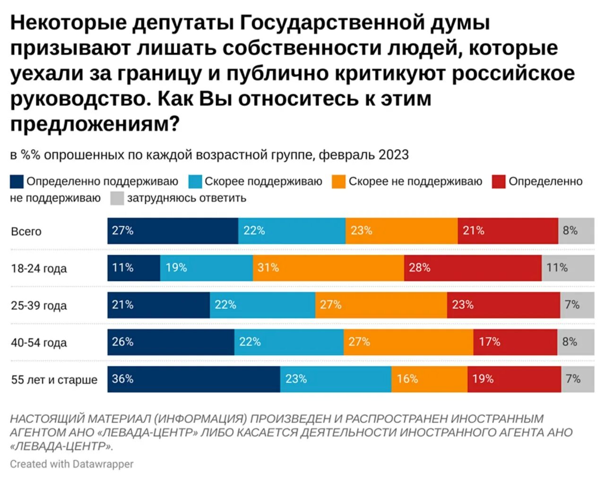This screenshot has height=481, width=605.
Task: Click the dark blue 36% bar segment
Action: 194,379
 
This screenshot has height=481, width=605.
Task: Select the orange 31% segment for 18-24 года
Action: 328,268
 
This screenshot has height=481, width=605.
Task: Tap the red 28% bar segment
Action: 473,268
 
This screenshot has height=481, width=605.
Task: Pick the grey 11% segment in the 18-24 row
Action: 568,268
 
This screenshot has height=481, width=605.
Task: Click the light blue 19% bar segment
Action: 207,268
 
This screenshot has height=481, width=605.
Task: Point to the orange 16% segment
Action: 429,379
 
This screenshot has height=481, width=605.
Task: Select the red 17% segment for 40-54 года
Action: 515,342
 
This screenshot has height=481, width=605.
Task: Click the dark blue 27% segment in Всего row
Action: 173,231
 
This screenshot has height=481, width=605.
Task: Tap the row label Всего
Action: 26,232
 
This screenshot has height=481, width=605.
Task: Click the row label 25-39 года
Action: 39,306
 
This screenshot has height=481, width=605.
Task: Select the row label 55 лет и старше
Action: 54,380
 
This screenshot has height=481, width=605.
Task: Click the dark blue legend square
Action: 17,181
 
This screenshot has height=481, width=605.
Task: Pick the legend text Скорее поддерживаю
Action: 263,181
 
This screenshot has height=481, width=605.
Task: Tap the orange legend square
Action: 338,181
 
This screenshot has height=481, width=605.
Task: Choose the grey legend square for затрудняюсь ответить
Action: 117,198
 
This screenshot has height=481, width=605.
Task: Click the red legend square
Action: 499,181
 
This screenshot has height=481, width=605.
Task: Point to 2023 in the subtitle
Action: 393,155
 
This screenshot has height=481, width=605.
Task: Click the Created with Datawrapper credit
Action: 72,464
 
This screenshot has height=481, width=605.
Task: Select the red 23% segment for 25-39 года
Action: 503,305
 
